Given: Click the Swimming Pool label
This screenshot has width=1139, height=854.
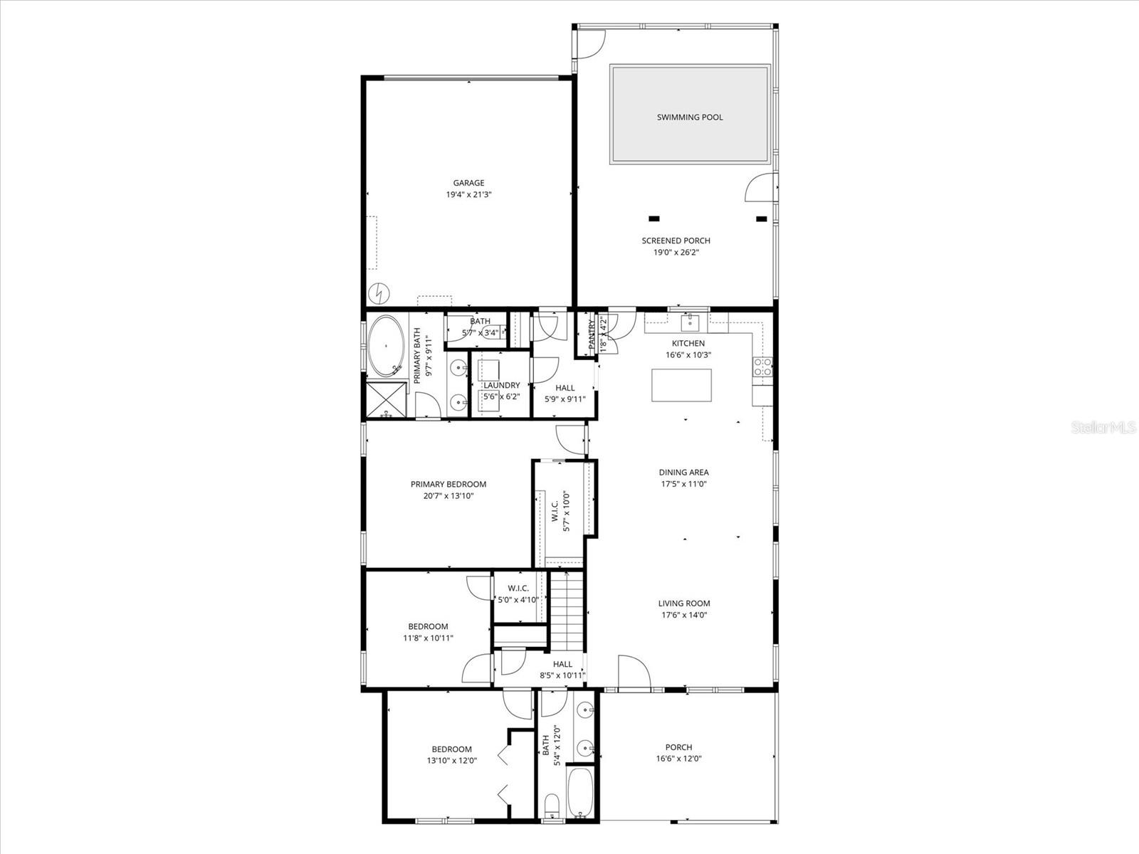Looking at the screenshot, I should click(x=689, y=117).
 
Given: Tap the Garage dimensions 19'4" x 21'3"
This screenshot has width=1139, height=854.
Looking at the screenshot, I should click(x=468, y=194).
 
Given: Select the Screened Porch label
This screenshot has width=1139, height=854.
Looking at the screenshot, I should click(x=676, y=241).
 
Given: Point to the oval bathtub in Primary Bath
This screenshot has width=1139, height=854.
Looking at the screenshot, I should click(x=386, y=346).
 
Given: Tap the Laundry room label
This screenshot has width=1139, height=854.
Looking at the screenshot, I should click(x=501, y=385).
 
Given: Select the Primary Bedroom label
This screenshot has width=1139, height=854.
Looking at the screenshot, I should click(x=448, y=485).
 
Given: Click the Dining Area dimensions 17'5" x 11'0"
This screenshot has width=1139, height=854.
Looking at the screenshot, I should click(x=683, y=484).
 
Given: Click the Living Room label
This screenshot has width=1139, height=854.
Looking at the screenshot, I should click(x=683, y=603).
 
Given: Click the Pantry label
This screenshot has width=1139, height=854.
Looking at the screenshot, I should click(x=591, y=334).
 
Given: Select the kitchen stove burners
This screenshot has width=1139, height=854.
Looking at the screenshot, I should click(x=762, y=367).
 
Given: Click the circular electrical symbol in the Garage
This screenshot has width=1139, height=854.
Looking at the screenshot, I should click(x=379, y=292).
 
